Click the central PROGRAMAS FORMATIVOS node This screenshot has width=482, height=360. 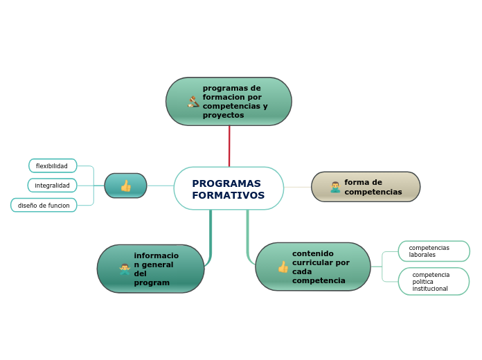click(229, 188)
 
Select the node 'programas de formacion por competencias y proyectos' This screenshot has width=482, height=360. click(229, 102)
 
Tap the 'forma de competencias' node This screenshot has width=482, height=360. click(366, 187)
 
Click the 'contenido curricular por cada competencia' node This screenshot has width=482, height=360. click(313, 267)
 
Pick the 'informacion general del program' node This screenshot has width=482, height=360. click(150, 269)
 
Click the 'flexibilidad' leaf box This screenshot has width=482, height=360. click(53, 166)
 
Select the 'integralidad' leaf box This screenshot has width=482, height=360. click(53, 186)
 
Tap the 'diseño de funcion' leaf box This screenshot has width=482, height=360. click(44, 206)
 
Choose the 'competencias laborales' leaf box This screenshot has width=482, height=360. click(434, 251)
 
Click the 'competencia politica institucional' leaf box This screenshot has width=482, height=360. click(434, 282)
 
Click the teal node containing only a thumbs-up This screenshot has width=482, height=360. click(125, 186)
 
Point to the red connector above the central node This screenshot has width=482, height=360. click(229, 146)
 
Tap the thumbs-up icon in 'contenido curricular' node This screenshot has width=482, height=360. click(283, 267)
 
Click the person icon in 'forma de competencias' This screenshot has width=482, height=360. click(335, 187)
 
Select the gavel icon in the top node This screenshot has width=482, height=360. click(194, 102)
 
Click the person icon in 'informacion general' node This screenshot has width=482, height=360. click(125, 269)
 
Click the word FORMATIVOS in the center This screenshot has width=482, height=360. click(228, 196)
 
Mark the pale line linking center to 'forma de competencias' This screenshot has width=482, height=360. click(298, 187)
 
